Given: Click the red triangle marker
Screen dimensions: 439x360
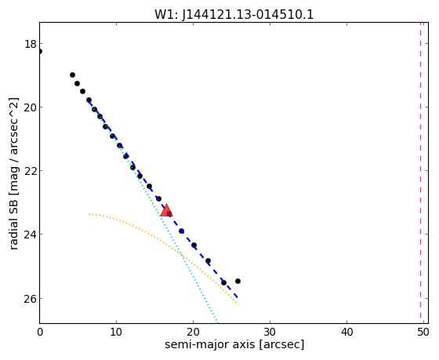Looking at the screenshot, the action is point(166,210).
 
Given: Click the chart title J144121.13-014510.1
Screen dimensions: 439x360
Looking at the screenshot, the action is point(248,15).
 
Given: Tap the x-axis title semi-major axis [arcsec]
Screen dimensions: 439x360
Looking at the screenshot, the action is point(234,344).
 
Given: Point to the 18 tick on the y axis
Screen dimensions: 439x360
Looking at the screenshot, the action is point(31,44).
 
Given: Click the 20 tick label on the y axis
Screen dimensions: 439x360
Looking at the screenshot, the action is point(31,107).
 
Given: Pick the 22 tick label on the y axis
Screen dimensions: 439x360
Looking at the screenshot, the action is point(31,171).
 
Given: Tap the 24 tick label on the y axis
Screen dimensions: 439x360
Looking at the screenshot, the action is point(31,235).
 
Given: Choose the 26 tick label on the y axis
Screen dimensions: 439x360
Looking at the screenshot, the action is point(31,299).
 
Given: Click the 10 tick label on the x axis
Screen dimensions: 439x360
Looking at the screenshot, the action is point(116,333).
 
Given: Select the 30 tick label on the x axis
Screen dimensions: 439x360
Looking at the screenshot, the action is point(270,333).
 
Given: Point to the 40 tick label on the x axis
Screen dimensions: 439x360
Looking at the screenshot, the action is point(346,333).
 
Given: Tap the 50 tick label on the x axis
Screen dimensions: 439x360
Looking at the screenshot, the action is point(423,333).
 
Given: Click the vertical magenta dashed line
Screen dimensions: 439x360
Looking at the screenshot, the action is point(420,170).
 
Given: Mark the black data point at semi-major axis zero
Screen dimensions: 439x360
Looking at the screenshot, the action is point(40,51).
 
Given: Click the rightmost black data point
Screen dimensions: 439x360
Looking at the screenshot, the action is point(238,281).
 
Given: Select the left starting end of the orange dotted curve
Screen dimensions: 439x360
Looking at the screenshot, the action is point(89,214).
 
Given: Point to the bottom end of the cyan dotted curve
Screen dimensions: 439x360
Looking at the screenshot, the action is point(217,321).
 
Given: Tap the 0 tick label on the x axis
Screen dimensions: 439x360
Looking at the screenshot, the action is point(40,333).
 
